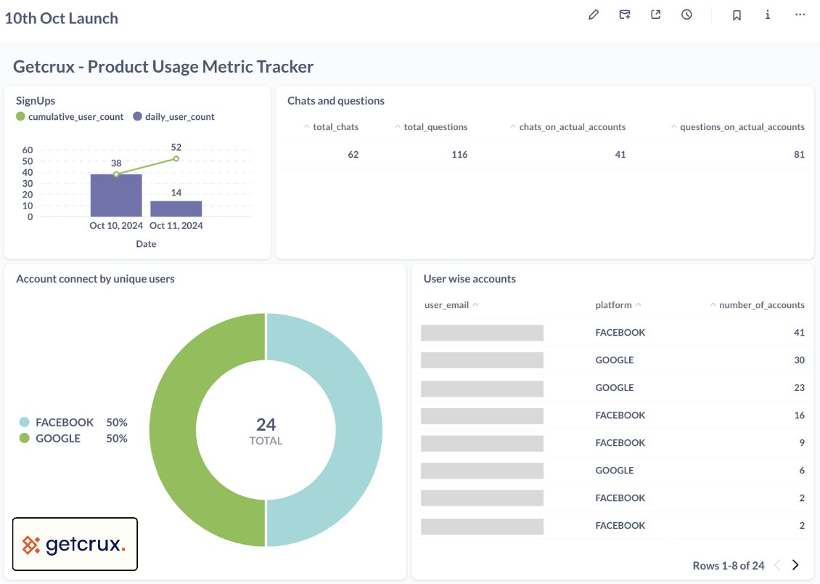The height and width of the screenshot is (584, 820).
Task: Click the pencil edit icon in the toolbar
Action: tap(594, 15)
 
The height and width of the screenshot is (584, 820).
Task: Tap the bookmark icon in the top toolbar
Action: tap(737, 15)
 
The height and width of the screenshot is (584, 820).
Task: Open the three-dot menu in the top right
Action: tap(800, 15)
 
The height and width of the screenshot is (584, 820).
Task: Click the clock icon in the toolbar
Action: tap(686, 15)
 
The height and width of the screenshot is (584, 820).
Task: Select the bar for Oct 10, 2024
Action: tap(116, 195)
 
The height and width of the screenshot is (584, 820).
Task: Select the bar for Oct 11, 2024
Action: tap(176, 208)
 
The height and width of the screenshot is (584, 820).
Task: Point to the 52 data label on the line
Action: tap(176, 147)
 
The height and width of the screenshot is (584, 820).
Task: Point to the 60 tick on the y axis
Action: tap(28, 150)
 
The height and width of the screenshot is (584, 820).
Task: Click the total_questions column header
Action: tap(435, 127)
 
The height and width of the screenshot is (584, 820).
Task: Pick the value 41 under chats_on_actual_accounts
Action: tap(619, 154)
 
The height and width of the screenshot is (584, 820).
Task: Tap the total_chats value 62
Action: tap(353, 154)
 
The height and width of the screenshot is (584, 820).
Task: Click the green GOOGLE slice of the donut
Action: tap(174, 430)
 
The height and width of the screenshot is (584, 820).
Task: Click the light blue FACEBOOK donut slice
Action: tap(358, 430)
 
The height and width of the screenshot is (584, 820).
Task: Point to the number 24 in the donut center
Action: tap(266, 424)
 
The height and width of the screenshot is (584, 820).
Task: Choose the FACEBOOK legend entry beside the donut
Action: tap(64, 422)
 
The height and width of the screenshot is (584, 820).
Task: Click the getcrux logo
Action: tap(75, 544)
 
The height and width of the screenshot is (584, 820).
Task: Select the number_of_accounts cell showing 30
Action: tap(799, 360)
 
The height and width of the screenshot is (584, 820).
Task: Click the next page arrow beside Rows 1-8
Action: tap(795, 565)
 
